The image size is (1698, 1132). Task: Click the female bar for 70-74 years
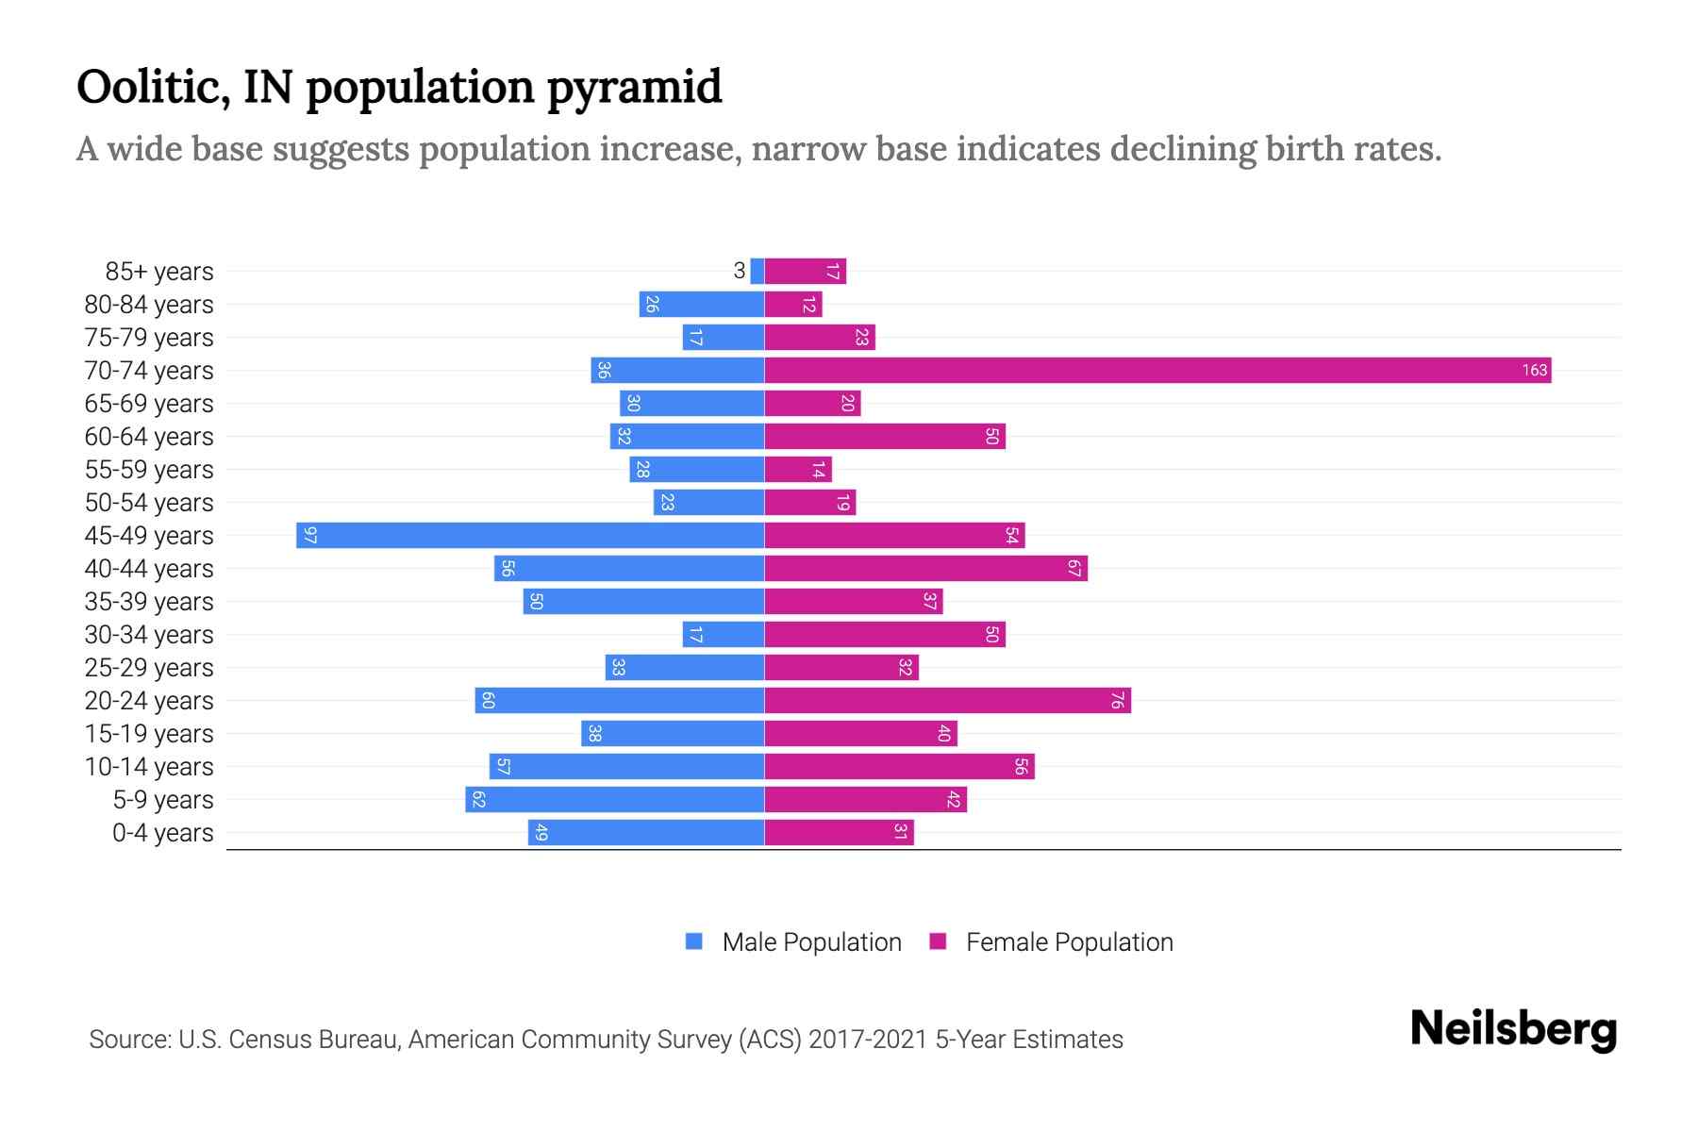click(1157, 370)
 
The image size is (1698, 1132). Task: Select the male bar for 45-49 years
click(530, 535)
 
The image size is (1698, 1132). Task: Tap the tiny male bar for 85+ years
click(757, 271)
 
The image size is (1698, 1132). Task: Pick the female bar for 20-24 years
click(947, 700)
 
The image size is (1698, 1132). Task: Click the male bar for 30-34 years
click(724, 634)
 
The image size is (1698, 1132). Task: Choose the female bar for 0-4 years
click(839, 832)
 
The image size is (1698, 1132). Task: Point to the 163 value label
click(1534, 370)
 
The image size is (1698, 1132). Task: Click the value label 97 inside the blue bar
click(310, 535)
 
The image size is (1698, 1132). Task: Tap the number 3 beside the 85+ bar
click(740, 271)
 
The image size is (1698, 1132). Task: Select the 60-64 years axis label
click(149, 437)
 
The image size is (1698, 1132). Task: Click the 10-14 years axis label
click(149, 767)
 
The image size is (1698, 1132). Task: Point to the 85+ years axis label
click(159, 272)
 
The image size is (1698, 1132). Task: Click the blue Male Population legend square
click(694, 941)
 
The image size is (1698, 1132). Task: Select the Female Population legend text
click(1069, 941)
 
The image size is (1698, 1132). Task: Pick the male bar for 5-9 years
click(614, 799)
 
